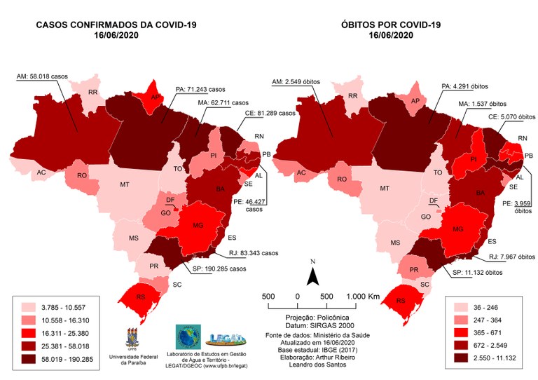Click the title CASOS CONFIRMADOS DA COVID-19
coord(116,26)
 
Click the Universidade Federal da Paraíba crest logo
coord(131,338)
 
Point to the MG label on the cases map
coord(197,226)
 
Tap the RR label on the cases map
coord(92,93)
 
